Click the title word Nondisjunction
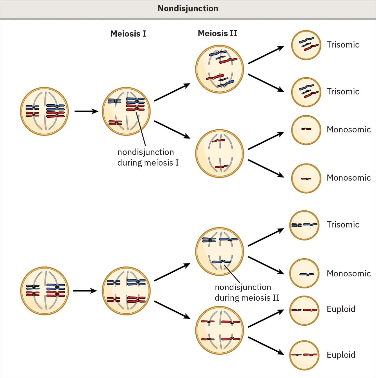tap(188, 9)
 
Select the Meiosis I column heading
tap(128, 34)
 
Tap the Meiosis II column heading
tap(217, 34)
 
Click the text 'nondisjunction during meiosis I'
tap(148, 157)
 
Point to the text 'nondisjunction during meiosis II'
tap(247, 292)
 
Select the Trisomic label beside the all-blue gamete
tap(343, 225)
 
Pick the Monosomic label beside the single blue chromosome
tap(348, 274)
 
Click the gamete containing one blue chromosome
tap(304, 274)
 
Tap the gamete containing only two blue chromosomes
tap(304, 225)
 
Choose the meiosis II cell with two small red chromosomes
tap(219, 153)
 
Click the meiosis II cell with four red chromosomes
tap(219, 330)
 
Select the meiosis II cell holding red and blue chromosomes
tap(219, 69)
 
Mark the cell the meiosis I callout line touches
tap(126, 111)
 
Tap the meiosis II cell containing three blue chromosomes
tap(219, 251)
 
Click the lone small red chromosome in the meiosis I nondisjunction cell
tap(115, 123)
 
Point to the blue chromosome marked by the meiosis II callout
tap(221, 262)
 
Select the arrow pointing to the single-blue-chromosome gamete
tap(266, 265)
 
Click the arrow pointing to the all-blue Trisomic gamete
tap(266, 237)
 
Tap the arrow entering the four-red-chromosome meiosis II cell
tap(172, 310)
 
